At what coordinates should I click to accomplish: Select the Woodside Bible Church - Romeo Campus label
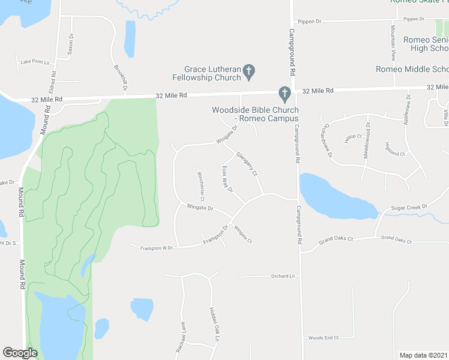click(x=255, y=114)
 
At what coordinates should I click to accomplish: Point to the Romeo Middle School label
click(x=412, y=69)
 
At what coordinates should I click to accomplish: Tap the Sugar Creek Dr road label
click(x=408, y=207)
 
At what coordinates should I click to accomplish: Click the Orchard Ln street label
click(x=283, y=276)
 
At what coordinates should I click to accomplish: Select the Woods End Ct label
click(x=324, y=338)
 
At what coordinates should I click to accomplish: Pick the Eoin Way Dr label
click(x=227, y=179)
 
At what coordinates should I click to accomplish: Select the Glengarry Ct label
click(x=247, y=163)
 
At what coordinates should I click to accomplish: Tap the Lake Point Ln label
click(x=34, y=62)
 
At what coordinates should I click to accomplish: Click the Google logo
click(x=20, y=353)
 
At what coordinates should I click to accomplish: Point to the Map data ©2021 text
click(x=423, y=355)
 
